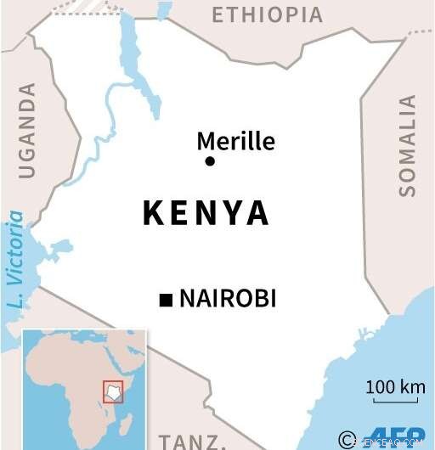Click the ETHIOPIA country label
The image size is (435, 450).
coord(267,15)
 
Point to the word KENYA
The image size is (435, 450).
coord(206,214)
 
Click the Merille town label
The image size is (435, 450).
coord(235,140)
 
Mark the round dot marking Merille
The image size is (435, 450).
coord(210,161)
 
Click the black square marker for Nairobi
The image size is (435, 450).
coord(166,299)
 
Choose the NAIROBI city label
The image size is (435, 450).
coord(228,299)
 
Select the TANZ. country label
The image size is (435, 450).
coord(198,441)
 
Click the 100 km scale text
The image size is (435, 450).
coord(395,388)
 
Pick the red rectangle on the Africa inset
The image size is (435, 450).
coord(113,391)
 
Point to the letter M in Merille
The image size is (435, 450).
coord(205,140)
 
